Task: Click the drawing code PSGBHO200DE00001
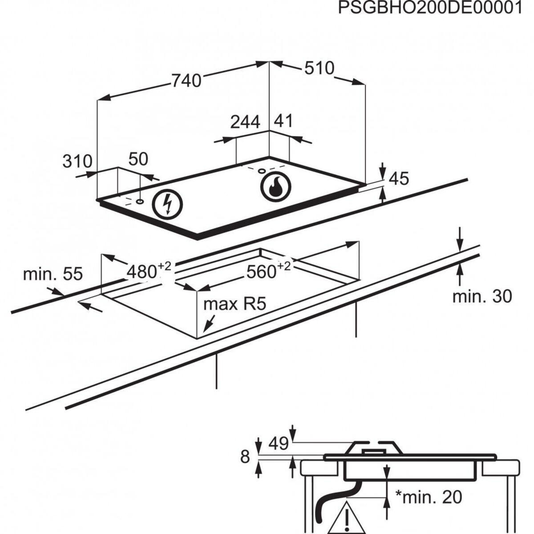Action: (429, 8)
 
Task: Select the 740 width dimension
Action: (187, 81)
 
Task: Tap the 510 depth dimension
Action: (319, 68)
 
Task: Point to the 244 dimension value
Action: (245, 121)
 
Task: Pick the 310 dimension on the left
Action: (77, 162)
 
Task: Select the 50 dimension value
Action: (138, 159)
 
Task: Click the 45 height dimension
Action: (399, 179)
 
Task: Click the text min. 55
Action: (53, 274)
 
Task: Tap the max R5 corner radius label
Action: (235, 304)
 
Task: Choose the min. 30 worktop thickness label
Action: (482, 296)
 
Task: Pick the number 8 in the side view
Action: (245, 457)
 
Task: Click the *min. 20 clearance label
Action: (429, 497)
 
